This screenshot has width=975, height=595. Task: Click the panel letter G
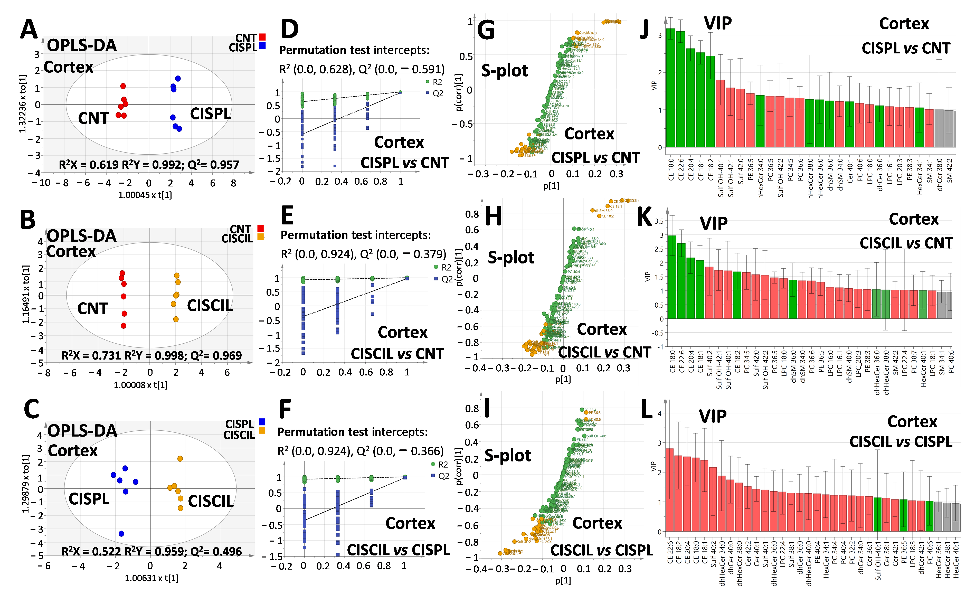coord(486,31)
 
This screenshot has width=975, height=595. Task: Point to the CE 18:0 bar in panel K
coord(672,277)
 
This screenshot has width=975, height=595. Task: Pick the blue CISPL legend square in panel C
coord(262,422)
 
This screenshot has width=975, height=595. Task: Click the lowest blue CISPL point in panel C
coord(121,533)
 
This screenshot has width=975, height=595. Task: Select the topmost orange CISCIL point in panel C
coord(180,459)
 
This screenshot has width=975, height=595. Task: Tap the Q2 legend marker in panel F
coord(433,476)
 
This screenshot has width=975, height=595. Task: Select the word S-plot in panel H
coord(511,258)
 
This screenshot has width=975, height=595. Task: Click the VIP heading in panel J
coord(718,24)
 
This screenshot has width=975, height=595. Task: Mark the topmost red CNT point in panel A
coord(123,86)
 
